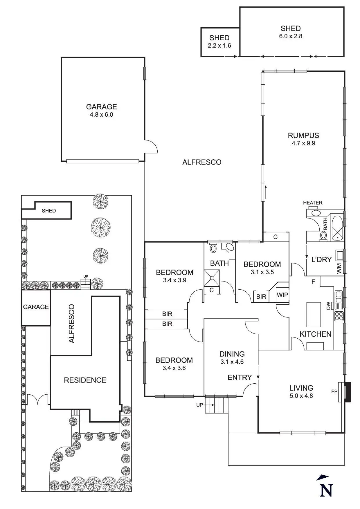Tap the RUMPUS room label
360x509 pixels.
pos(303,135)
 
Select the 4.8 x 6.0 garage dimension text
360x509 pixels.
pos(101,115)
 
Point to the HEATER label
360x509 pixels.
pos(313,203)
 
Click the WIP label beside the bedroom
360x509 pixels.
pos(282,295)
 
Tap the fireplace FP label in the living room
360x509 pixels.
pos(334,391)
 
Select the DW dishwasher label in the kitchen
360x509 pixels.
pos(328,306)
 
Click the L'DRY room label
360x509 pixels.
pos(321,259)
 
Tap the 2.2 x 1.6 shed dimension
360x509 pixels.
pos(219,46)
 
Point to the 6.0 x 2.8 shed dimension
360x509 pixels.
pos(291,36)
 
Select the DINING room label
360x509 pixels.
pos(232,354)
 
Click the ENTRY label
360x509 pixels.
pos(240,377)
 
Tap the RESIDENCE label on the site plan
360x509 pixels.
pos(85,380)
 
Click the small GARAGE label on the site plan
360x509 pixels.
pos(36,307)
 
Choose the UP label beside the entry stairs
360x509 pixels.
pos(200,405)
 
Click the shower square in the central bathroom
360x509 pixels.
pos(212,278)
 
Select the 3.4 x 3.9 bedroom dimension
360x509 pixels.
pos(174,280)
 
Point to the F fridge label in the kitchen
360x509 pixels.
pos(313,281)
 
